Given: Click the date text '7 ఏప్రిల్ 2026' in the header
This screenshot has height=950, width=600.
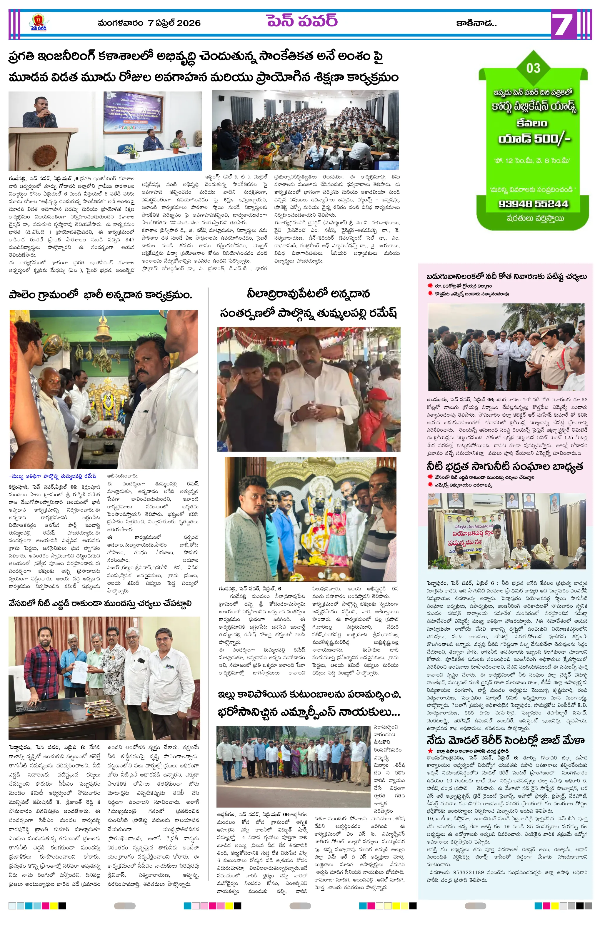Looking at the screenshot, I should pos(174,23).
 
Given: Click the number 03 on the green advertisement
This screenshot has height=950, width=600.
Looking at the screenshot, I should pos(533,68).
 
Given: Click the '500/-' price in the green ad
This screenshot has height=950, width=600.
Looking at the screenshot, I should pos(551,139).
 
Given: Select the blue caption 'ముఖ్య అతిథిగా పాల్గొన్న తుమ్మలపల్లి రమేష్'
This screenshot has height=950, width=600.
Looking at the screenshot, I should pos(53,476).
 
